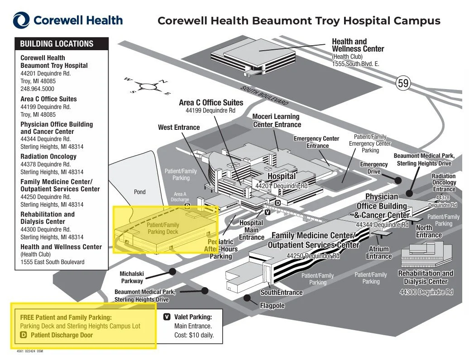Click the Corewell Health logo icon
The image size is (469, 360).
point(21,20)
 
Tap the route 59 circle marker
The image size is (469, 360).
point(403,83)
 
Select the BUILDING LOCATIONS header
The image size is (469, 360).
point(57,44)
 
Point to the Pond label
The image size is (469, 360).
point(140,192)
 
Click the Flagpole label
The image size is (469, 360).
point(272,306)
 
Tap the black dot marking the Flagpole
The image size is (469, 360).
point(247,298)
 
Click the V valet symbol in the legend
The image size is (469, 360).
point(167,317)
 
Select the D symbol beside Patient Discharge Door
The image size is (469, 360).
point(24,335)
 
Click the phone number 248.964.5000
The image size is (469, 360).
point(37,89)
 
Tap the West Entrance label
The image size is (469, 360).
point(179,128)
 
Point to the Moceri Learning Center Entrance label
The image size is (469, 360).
point(277,121)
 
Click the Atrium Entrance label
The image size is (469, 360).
point(379,252)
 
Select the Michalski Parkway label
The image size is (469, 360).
point(131,277)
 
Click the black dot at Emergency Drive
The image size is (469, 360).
point(398,180)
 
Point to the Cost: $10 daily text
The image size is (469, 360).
point(194,335)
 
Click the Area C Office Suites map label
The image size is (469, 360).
point(211,103)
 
